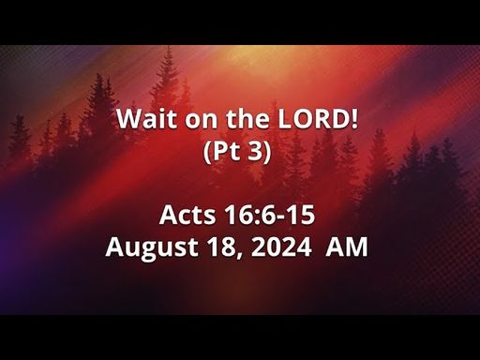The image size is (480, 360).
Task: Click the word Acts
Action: pyautogui.click(x=187, y=215)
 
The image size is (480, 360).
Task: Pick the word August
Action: pyautogui.click(x=152, y=247)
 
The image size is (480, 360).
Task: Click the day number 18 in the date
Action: pyautogui.click(x=221, y=247)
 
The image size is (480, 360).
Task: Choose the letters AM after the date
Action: pyautogui.click(x=347, y=247)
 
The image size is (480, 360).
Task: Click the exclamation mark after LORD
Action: pyautogui.click(x=354, y=119)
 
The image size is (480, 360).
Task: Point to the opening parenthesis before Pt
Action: pyautogui.click(x=207, y=152)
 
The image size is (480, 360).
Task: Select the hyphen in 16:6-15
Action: pyautogui.click(x=282, y=217)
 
